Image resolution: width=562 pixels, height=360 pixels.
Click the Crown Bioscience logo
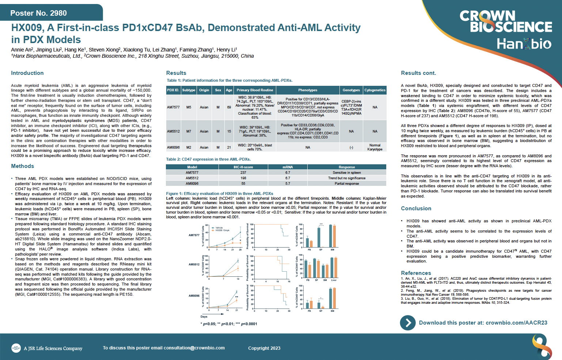[505, 22]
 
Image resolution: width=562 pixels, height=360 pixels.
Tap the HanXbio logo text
[524, 44]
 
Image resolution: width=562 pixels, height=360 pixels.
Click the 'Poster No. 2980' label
[38, 13]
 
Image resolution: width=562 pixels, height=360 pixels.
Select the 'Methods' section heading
[22, 166]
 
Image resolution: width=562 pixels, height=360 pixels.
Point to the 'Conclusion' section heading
[416, 208]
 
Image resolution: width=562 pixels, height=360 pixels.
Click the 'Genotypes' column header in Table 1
[351, 90]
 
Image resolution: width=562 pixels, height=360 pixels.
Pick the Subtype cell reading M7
[189, 131]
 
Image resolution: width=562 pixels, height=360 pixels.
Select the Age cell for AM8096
[229, 148]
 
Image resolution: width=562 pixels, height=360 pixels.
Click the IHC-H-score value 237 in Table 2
[243, 173]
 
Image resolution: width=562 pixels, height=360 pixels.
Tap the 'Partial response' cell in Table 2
[346, 184]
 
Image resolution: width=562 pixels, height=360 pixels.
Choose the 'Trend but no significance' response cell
[346, 178]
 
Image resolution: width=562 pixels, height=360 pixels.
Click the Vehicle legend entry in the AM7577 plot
[219, 228]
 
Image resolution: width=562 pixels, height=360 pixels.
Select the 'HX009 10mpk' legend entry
[222, 230]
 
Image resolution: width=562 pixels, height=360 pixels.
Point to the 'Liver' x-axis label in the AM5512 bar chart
[334, 280]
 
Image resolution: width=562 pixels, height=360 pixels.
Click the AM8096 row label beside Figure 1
[194, 296]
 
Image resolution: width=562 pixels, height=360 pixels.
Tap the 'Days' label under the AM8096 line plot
[204, 317]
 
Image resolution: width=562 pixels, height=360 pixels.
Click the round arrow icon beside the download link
[408, 323]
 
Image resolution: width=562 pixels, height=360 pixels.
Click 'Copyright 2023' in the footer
[264, 348]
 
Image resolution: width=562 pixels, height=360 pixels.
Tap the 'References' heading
[416, 273]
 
